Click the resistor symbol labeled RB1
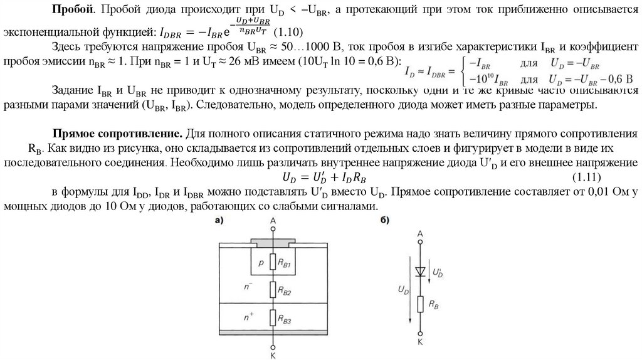(273, 262)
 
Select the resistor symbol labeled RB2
(273, 290)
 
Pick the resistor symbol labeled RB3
(273, 319)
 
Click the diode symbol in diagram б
(421, 271)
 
